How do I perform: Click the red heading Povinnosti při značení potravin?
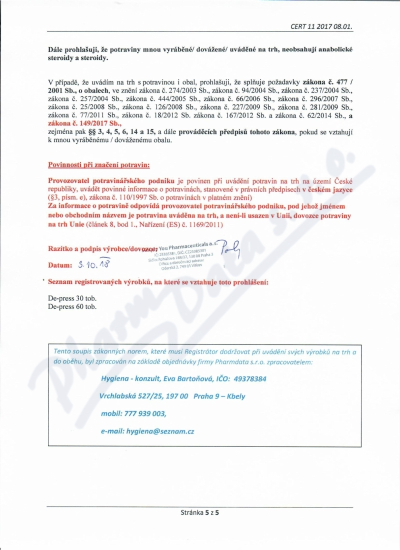click(x=98, y=164)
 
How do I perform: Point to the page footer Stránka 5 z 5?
click(x=200, y=512)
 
